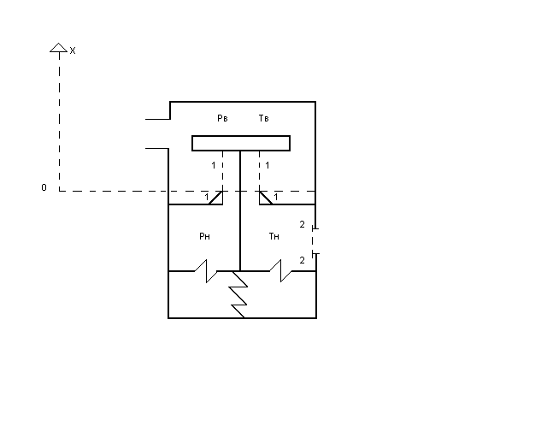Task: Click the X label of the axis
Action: coord(73,51)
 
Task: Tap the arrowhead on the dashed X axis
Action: coord(58,48)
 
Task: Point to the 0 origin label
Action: coord(44,187)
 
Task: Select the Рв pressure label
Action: coord(222,118)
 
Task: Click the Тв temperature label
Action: coord(264,118)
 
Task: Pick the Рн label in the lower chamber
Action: coord(204,236)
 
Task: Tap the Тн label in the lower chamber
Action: coord(273,236)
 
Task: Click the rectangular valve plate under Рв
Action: coord(240,143)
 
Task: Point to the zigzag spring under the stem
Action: coord(238,295)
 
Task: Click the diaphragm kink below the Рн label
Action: coord(204,271)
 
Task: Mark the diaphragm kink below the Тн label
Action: coord(279,271)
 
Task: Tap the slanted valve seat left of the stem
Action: coord(215,198)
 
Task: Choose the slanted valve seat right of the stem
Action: coord(266,198)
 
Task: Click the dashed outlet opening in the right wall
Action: coord(315,241)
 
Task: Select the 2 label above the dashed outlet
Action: coord(302,224)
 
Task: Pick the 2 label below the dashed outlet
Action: coord(302,259)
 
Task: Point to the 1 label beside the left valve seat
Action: coord(206,198)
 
